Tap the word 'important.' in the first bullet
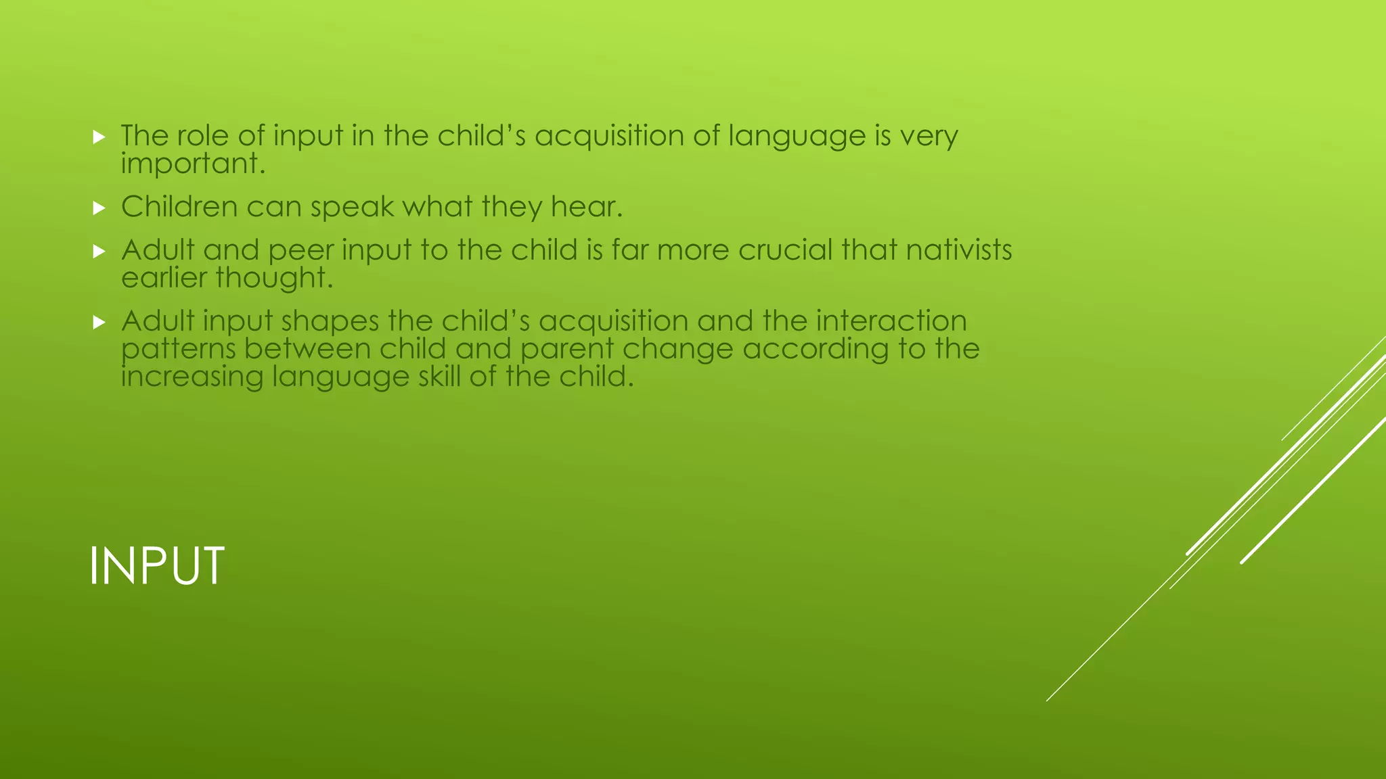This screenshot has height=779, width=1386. (x=193, y=164)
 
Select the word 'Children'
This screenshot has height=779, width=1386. (x=179, y=207)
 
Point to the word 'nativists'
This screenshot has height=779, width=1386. (x=959, y=250)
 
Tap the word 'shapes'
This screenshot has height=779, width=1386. (x=330, y=321)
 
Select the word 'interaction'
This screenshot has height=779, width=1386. (x=891, y=321)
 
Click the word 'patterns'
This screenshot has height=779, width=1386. (x=178, y=350)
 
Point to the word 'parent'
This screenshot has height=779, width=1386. (x=566, y=350)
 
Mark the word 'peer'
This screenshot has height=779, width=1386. (x=300, y=251)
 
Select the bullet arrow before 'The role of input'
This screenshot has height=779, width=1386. (x=99, y=137)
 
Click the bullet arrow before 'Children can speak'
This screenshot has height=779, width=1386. (x=99, y=208)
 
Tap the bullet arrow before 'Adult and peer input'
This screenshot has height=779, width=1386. (x=99, y=252)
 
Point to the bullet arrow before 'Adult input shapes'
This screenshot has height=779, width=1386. (x=99, y=323)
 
